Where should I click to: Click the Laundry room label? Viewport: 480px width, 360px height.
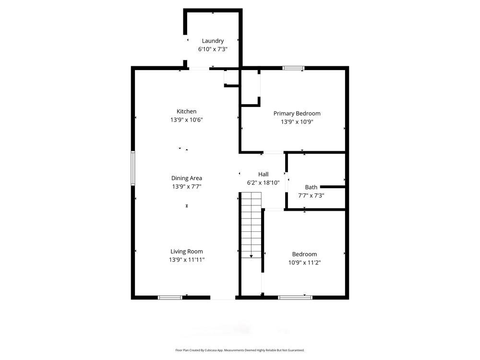click(x=213, y=41)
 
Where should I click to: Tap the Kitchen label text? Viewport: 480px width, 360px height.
click(x=186, y=111)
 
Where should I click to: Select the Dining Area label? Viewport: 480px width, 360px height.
click(x=187, y=178)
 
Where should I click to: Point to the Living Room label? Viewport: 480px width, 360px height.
click(x=187, y=252)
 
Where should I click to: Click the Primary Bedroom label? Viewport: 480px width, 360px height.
click(x=297, y=113)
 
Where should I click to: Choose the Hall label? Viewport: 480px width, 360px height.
click(x=263, y=174)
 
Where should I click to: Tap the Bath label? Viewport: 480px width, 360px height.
click(x=311, y=187)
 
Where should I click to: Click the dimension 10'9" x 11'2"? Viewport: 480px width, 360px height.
click(x=304, y=263)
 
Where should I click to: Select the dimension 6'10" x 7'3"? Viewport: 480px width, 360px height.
click(x=213, y=49)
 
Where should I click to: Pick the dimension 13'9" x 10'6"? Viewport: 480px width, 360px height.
click(x=187, y=120)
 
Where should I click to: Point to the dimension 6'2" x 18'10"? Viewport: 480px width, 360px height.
click(x=263, y=182)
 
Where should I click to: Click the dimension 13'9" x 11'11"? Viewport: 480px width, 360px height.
click(x=187, y=260)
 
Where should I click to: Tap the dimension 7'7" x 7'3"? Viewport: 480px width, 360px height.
click(x=311, y=195)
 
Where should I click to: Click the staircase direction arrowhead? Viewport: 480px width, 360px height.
click(x=251, y=257)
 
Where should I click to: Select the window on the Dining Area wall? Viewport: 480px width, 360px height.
click(x=133, y=168)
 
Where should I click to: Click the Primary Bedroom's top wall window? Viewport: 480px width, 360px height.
click(x=293, y=68)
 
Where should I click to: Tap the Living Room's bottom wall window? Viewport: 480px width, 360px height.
click(x=170, y=298)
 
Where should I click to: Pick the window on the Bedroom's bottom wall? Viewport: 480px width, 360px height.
click(x=295, y=298)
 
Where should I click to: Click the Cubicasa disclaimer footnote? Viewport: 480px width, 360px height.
click(x=240, y=350)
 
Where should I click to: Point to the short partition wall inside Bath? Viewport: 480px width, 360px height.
click(x=332, y=186)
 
